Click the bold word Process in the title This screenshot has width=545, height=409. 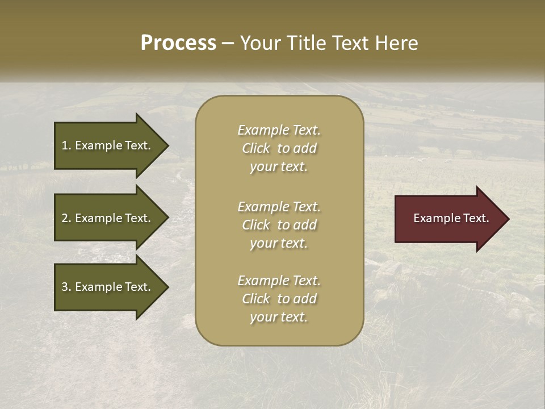pyautogui.click(x=178, y=43)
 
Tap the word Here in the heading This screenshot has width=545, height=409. pyautogui.click(x=397, y=43)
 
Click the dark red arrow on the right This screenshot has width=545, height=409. pyautogui.click(x=448, y=219)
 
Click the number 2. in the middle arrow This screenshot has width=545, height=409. pyautogui.click(x=66, y=218)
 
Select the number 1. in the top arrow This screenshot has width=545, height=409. pyautogui.click(x=66, y=145)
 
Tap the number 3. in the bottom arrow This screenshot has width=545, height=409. pyautogui.click(x=66, y=287)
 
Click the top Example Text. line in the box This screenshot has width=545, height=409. pyautogui.click(x=279, y=130)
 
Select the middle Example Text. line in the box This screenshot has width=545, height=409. pyautogui.click(x=279, y=207)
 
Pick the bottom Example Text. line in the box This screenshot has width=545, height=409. pyautogui.click(x=279, y=281)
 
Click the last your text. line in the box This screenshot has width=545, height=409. pyautogui.click(x=279, y=318)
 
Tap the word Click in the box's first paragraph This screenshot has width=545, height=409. pyautogui.click(x=256, y=149)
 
